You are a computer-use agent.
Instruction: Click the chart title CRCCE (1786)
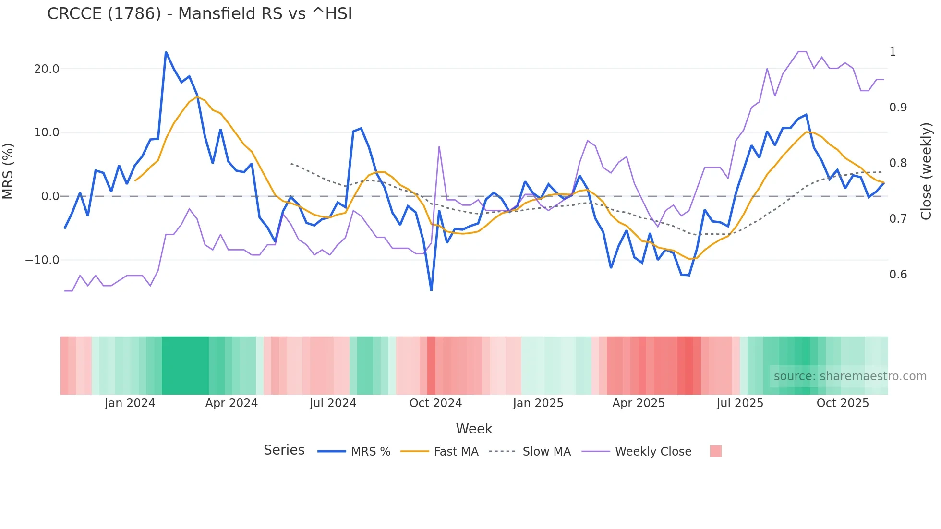[199, 14]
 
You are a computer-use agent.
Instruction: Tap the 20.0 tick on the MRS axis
[47, 69]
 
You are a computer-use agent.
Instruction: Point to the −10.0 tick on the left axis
[42, 260]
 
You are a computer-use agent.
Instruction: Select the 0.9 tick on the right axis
[898, 108]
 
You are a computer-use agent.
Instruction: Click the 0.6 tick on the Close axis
[898, 275]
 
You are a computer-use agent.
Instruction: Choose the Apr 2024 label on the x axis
[231, 403]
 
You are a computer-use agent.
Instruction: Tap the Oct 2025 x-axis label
[843, 403]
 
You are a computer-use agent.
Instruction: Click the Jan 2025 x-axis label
[538, 403]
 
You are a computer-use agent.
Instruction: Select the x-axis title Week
[474, 429]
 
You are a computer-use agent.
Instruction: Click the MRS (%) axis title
[8, 171]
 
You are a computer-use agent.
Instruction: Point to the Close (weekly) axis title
[926, 171]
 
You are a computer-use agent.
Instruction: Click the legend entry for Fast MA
[456, 452]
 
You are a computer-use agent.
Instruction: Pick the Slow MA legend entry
[546, 452]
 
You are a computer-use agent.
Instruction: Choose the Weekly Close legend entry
[653, 452]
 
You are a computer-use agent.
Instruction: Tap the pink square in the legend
[715, 451]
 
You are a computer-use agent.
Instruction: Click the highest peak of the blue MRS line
[166, 52]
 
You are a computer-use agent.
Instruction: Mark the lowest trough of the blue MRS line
[431, 290]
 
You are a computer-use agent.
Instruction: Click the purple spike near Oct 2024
[439, 147]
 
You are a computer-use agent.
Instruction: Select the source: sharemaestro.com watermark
[850, 376]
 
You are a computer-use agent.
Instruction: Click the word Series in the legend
[284, 450]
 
